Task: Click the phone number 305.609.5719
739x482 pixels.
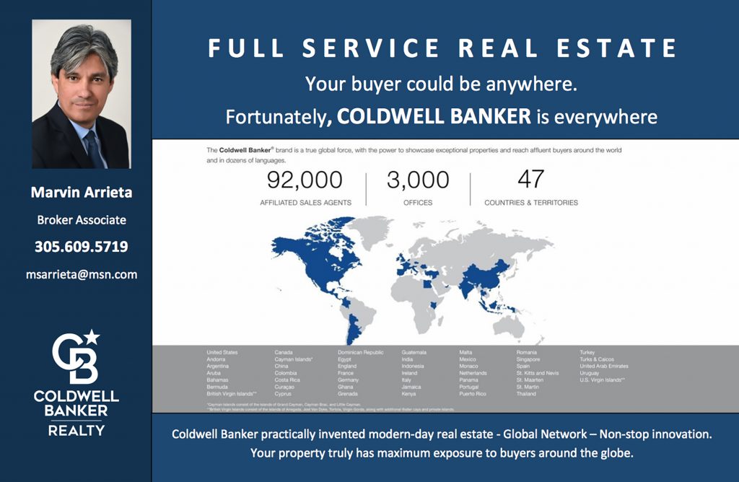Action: coord(82,247)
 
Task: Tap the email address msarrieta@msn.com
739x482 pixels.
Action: coord(82,274)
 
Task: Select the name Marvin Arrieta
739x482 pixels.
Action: coord(82,193)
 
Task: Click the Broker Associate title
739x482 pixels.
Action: coord(82,220)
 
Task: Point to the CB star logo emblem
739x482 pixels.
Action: coord(76,357)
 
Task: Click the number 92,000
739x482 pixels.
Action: coord(305,180)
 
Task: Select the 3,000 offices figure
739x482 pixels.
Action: coord(418,180)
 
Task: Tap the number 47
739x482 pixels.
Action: coord(530,179)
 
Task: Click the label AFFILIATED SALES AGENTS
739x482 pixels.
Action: coord(305,203)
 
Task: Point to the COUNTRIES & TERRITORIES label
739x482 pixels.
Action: coord(531,203)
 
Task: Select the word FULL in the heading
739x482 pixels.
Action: coord(240,48)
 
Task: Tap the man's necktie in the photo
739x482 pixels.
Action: coord(93,147)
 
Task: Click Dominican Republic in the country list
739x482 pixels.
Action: coord(361,352)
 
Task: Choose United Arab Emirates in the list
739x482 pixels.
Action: coord(604,366)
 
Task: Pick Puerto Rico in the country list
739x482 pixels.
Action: coord(473,394)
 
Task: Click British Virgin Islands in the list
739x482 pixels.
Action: coord(231,394)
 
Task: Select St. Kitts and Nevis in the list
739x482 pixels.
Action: coord(538,373)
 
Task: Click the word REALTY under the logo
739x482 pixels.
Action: coord(76,431)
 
